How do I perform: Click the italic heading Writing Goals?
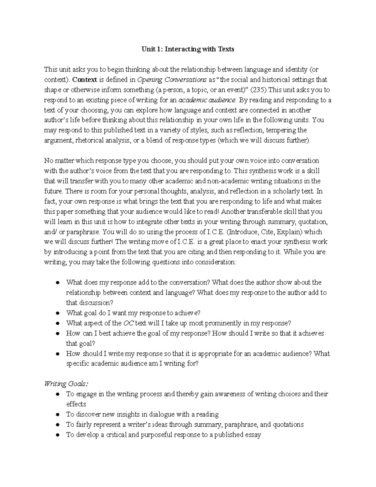point(66,384)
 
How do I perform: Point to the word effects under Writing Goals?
point(76,404)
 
